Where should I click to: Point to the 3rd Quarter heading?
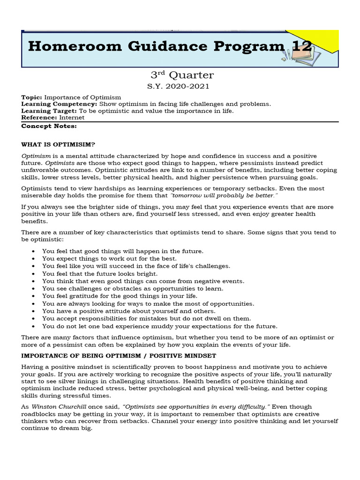tap(182, 75)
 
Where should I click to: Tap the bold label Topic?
tap(31, 97)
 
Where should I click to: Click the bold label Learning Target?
tap(49, 111)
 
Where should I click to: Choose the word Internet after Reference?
tap(72, 118)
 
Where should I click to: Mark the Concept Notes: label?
tap(49, 126)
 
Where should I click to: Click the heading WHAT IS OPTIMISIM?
tap(58, 144)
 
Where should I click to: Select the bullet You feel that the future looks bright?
tap(100, 273)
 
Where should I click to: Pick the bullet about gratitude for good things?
tap(120, 296)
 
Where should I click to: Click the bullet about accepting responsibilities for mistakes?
tap(146, 318)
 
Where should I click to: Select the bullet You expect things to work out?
tap(109, 258)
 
